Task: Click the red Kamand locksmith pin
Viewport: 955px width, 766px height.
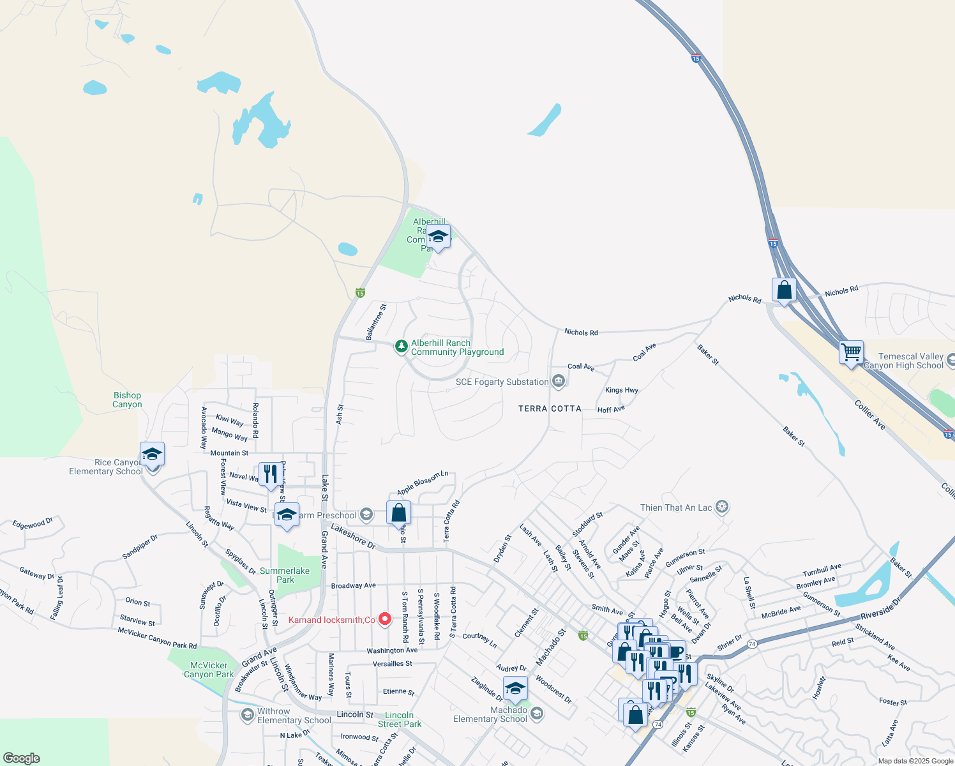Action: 384,619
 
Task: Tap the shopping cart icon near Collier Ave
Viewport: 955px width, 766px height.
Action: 851,352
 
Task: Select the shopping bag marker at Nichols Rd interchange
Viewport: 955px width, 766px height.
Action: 784,290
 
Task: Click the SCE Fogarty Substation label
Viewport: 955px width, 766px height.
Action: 502,382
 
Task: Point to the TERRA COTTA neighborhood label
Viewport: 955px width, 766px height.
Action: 550,409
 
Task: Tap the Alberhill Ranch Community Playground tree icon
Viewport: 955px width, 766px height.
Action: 401,347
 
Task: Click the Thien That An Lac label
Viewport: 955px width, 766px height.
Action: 676,507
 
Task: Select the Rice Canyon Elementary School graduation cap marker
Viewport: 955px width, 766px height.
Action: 152,454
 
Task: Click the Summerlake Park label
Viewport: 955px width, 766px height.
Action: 285,575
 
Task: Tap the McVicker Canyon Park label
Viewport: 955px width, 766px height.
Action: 209,670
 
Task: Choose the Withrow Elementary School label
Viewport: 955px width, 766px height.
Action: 294,716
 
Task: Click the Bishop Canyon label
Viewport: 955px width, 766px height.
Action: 127,400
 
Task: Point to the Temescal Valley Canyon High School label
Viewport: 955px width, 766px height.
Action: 910,361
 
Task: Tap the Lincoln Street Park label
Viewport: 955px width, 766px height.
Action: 400,719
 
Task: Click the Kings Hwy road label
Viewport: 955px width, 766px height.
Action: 622,390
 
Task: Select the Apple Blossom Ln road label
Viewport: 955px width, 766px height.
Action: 423,483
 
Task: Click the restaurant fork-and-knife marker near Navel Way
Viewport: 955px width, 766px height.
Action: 271,474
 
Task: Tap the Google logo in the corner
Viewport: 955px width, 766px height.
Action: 22,758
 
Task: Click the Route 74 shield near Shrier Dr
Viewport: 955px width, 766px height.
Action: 752,644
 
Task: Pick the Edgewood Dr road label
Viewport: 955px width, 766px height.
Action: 33,523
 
